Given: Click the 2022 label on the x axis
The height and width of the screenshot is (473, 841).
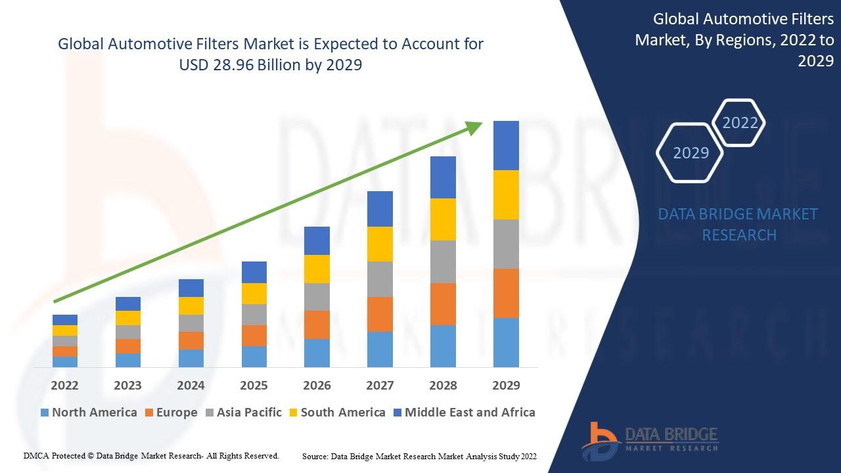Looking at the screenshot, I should click(64, 386).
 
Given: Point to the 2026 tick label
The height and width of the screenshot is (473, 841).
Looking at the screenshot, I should click(317, 386).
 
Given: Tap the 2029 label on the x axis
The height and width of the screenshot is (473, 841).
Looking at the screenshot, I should click(506, 386).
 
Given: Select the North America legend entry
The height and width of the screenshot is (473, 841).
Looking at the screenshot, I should click(89, 413).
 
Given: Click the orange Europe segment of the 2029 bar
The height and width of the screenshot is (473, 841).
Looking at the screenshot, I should click(506, 293).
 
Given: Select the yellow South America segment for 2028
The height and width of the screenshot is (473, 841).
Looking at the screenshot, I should click(443, 219).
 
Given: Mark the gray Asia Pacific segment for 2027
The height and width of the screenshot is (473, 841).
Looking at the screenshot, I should click(380, 279).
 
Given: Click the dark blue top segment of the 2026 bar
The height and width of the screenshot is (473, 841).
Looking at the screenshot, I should click(317, 240).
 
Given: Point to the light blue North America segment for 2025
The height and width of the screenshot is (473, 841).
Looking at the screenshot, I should click(254, 356).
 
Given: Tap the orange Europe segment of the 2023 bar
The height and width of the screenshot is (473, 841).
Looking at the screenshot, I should click(127, 346).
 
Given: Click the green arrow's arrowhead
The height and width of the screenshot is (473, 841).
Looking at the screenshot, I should click(474, 127).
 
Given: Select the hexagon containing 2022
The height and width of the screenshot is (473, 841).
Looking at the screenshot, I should click(740, 123).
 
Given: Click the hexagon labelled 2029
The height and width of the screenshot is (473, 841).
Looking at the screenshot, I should click(691, 152).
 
